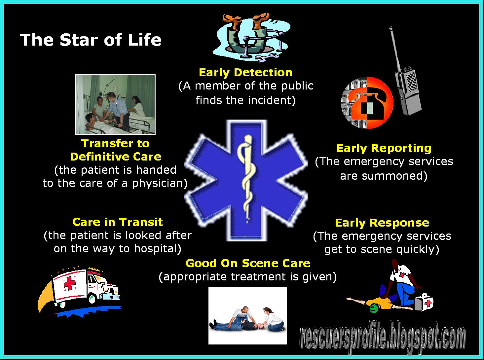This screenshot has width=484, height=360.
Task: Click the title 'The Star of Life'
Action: (91, 40)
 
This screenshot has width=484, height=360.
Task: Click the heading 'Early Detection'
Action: (245, 72)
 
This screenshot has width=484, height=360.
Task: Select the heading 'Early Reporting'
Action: (384, 148)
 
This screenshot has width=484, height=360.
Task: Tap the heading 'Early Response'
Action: (382, 223)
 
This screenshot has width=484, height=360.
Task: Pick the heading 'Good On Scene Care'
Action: (248, 263)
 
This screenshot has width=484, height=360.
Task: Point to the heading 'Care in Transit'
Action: (118, 222)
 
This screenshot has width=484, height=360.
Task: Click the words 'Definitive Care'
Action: (116, 157)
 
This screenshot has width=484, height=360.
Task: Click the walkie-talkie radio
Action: (406, 83)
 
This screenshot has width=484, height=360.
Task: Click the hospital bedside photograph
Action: (115, 104)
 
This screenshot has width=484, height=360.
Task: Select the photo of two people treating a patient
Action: (247, 315)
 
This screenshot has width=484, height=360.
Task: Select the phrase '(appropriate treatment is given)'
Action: (248, 276)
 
